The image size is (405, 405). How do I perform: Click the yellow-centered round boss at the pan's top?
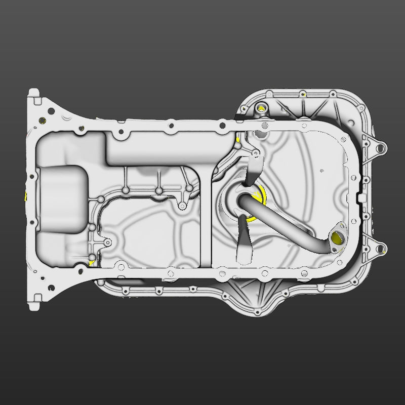(x=261, y=107)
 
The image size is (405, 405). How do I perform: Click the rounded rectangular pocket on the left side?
(x=62, y=198)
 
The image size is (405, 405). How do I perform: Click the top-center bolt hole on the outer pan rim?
(x=302, y=94)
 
